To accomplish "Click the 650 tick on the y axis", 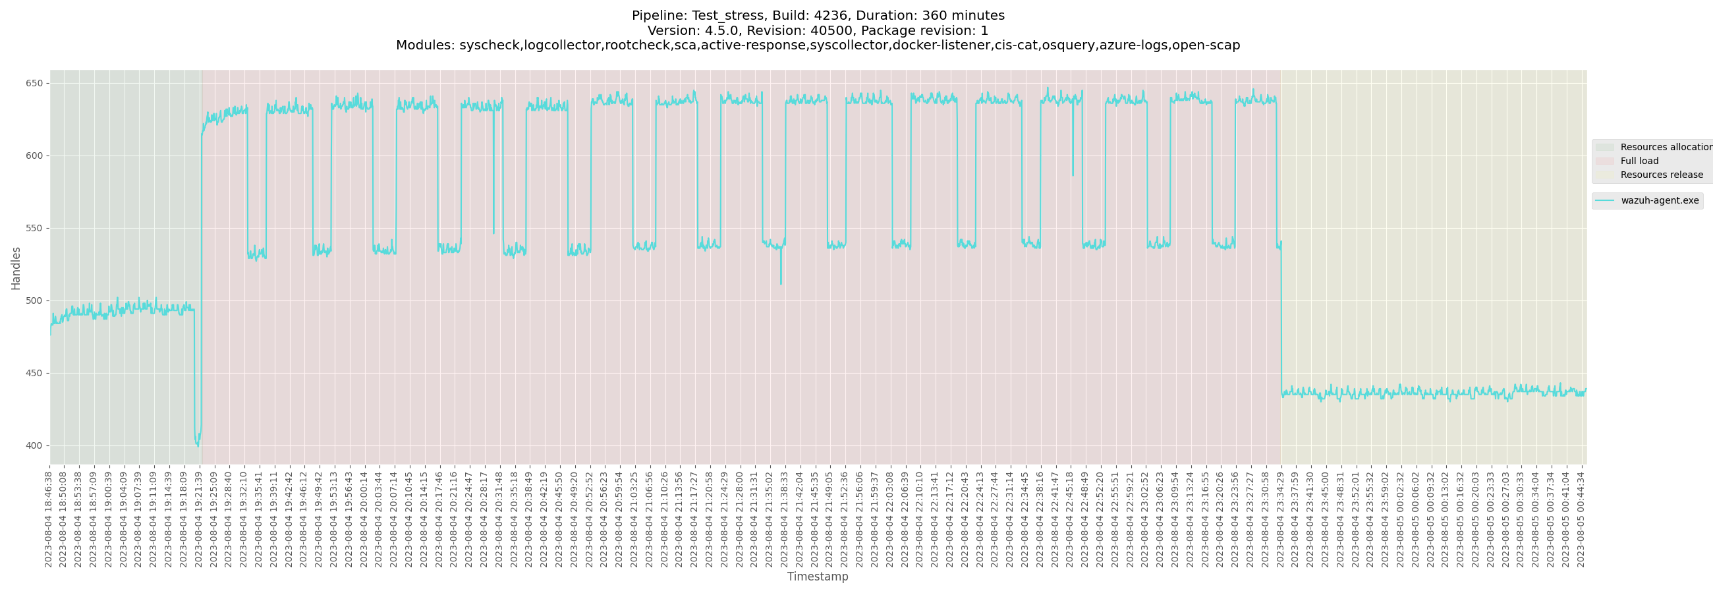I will [34, 84].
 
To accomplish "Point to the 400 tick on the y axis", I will [34, 445].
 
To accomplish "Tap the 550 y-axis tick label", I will [34, 229].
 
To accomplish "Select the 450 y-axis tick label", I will [34, 374].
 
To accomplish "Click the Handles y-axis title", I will [16, 268].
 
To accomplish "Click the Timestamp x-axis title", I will [817, 577].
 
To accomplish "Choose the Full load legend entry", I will [1639, 161].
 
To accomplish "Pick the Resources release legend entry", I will [1661, 175].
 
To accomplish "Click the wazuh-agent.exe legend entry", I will [1659, 201].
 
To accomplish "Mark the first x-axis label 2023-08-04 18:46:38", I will [49, 519].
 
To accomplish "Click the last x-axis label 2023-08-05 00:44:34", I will [1581, 519].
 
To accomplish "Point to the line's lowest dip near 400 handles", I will [198, 445].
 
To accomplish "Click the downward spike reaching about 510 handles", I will [781, 284].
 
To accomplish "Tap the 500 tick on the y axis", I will [34, 301].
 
